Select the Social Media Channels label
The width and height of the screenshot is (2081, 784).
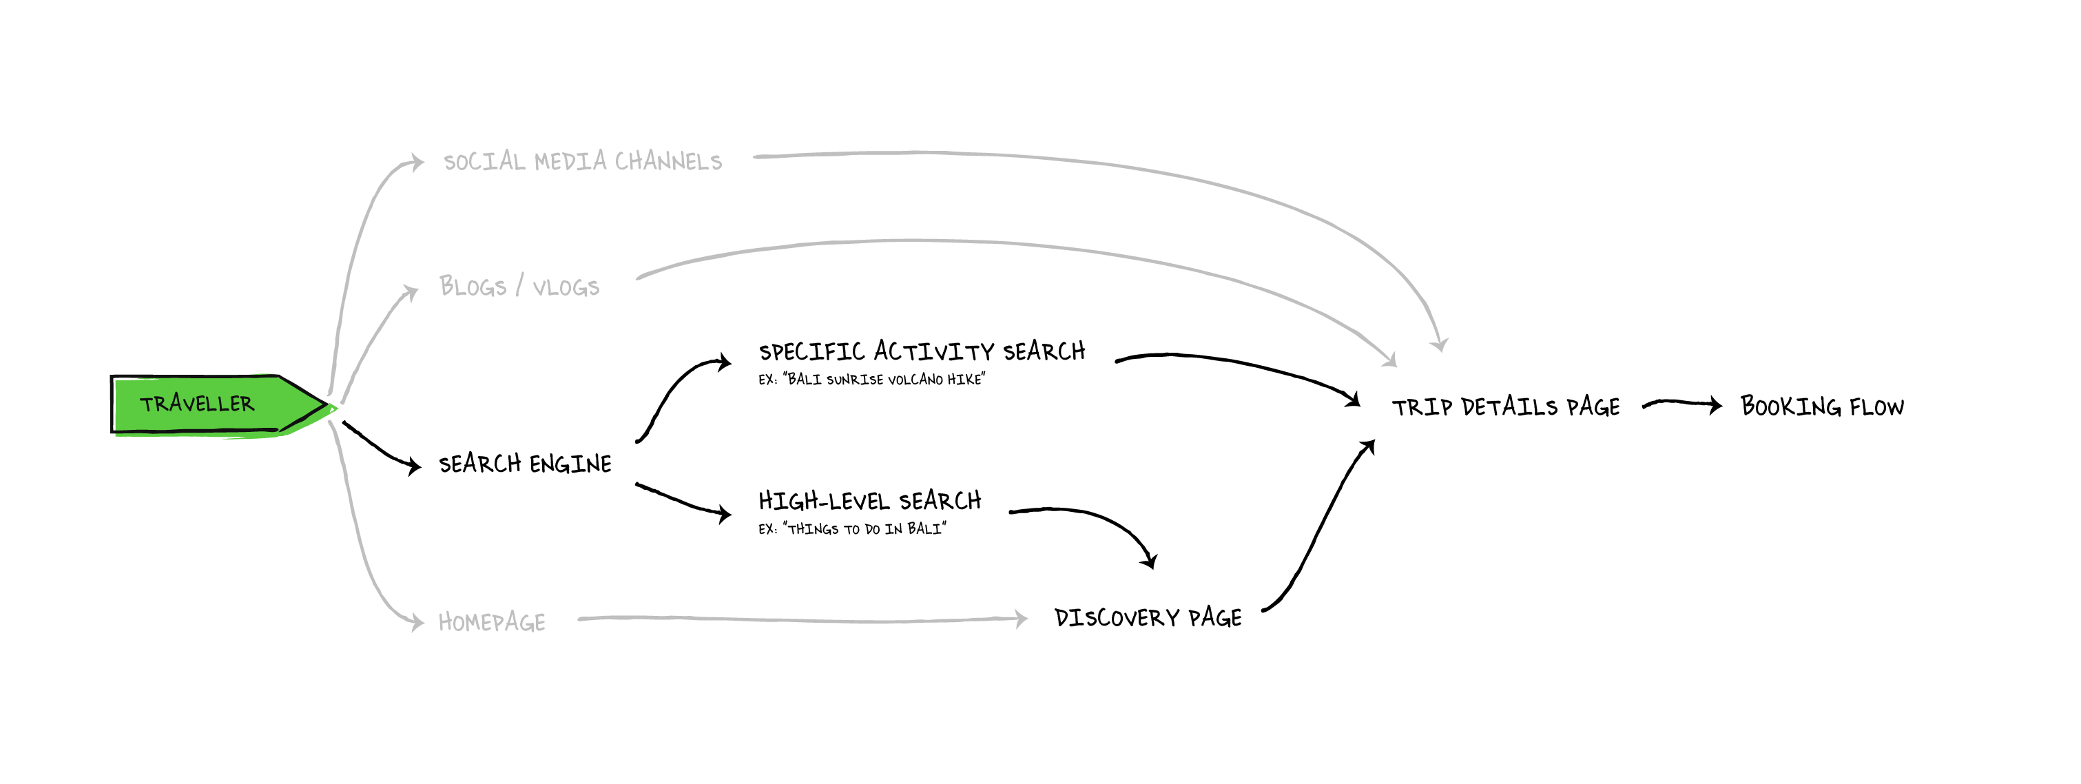coord(583,162)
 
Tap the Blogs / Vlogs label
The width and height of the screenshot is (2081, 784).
coord(519,287)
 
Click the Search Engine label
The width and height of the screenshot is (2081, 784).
coord(525,464)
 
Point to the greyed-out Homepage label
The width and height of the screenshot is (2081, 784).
coord(492,621)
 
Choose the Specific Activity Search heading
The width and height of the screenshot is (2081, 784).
coord(922,351)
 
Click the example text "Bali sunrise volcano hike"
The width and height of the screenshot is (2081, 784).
coord(871,380)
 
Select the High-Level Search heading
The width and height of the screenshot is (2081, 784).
coord(870,501)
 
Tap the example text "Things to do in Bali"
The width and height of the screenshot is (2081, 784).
coord(852,529)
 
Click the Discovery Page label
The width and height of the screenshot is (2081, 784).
coord(1148,618)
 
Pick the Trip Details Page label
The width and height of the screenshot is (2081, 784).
coord(1506,406)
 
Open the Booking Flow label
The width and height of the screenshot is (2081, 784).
coord(1822,406)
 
